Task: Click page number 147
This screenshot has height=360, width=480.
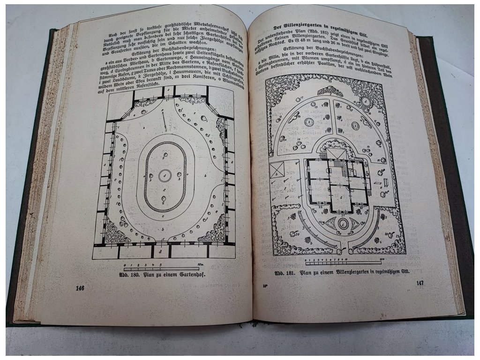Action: pyautogui.click(x=420, y=284)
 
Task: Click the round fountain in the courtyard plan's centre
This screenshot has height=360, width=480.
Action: pyautogui.click(x=165, y=176)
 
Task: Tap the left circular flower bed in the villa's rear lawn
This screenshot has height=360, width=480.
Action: pyautogui.click(x=309, y=123)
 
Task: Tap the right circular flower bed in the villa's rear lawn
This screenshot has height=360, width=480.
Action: pyautogui.click(x=355, y=126)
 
